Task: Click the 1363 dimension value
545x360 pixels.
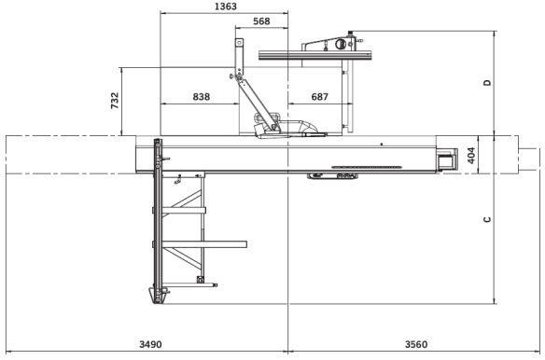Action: (226, 7)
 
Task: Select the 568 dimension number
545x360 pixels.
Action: (261, 21)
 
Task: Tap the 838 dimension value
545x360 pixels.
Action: (202, 96)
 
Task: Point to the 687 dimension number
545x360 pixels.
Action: (319, 96)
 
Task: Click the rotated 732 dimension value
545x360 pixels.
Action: (115, 101)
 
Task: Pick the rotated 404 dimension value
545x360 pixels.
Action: (471, 156)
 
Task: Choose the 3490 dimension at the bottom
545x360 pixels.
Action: (150, 344)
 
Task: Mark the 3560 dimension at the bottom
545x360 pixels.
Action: (416, 344)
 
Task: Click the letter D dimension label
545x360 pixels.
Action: (488, 83)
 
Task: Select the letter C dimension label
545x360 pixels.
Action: (488, 219)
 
